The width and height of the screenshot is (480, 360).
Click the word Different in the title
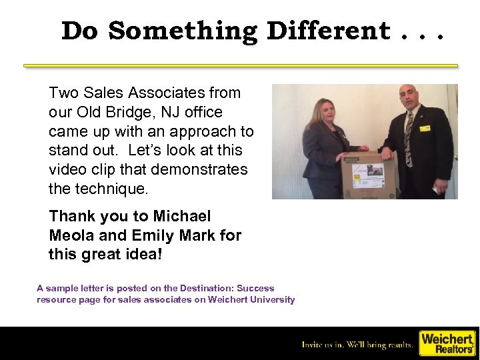pyautogui.click(x=329, y=31)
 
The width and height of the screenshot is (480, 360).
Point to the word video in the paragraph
pyautogui.click(x=67, y=170)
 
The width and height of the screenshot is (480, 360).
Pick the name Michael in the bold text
pyautogui.click(x=181, y=216)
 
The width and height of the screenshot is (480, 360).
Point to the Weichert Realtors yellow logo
pyautogui.click(x=446, y=343)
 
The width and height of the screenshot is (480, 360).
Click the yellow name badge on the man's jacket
pyautogui.click(x=425, y=128)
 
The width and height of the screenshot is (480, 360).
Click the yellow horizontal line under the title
pyautogui.click(x=240, y=66)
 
